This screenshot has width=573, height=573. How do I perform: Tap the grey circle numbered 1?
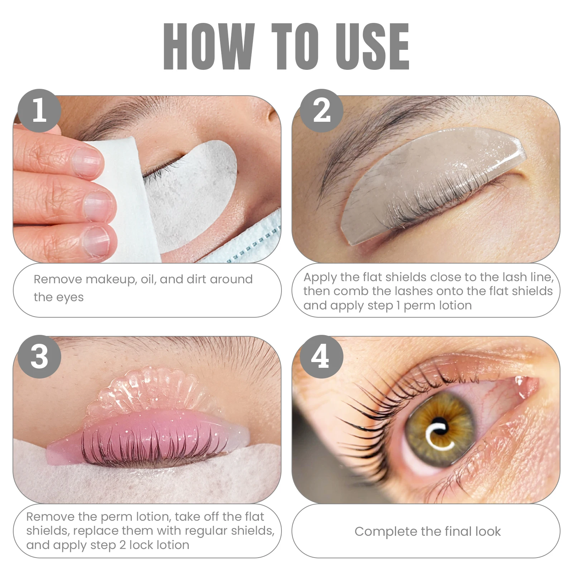[x=39, y=111]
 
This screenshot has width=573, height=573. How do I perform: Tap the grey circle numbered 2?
[x=321, y=111]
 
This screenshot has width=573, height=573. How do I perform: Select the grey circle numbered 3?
[x=39, y=357]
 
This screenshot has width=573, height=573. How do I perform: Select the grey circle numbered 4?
[x=321, y=357]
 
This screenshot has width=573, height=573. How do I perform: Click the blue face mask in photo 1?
[x=251, y=244]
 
